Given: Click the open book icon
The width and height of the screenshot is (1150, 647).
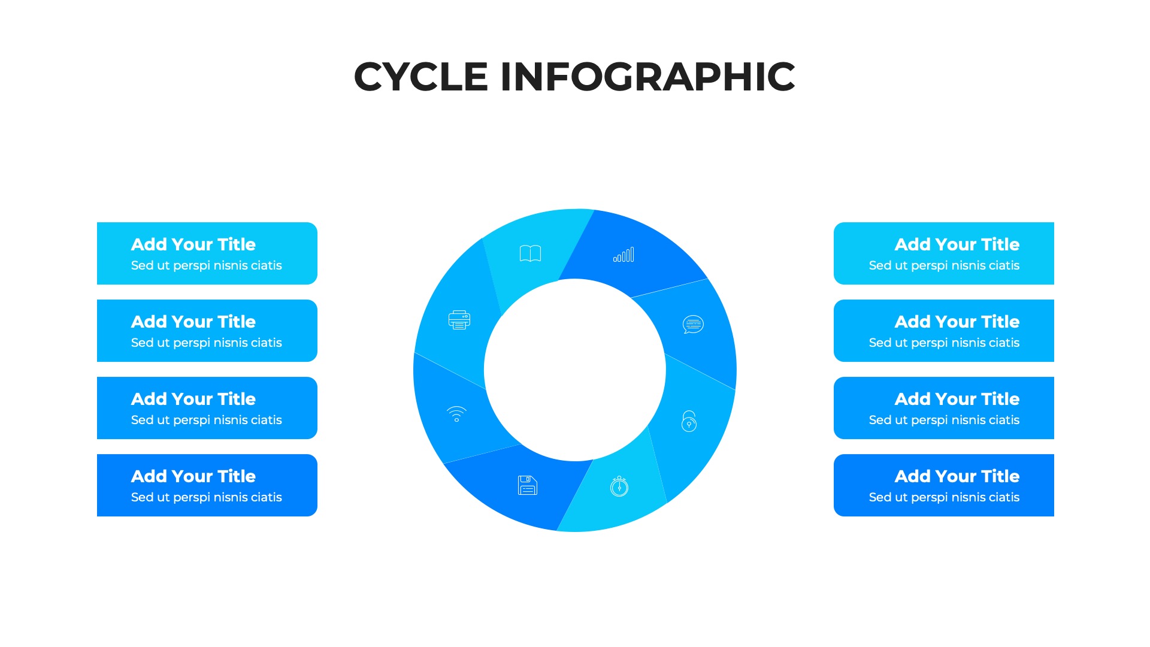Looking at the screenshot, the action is (530, 253).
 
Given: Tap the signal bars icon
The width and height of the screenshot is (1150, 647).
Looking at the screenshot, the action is (624, 255).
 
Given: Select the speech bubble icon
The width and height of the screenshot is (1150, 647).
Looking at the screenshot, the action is (693, 324).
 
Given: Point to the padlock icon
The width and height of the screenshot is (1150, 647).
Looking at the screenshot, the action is (689, 421).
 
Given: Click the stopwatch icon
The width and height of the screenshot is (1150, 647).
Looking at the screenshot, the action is (619, 486).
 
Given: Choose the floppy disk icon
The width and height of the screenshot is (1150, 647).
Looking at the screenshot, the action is (528, 485).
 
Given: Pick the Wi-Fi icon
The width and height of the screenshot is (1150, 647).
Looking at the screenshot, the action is (456, 414).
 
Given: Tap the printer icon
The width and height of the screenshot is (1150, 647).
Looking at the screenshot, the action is (459, 320).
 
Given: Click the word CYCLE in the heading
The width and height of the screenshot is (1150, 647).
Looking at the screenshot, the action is (421, 77).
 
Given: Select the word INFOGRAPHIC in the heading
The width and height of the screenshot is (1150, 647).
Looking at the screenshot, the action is (647, 77).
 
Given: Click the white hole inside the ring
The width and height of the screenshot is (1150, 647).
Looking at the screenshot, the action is (575, 370).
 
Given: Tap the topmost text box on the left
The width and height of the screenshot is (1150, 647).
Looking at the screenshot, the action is (207, 253).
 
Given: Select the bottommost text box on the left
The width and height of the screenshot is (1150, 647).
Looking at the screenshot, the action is (207, 485).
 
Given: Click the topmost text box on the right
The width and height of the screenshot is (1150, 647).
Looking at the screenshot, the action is (944, 253).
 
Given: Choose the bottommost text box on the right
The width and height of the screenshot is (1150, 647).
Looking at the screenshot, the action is (944, 485).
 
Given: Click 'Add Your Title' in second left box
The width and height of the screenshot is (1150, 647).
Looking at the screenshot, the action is (193, 322).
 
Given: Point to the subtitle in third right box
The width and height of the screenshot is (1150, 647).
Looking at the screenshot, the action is (944, 420).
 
